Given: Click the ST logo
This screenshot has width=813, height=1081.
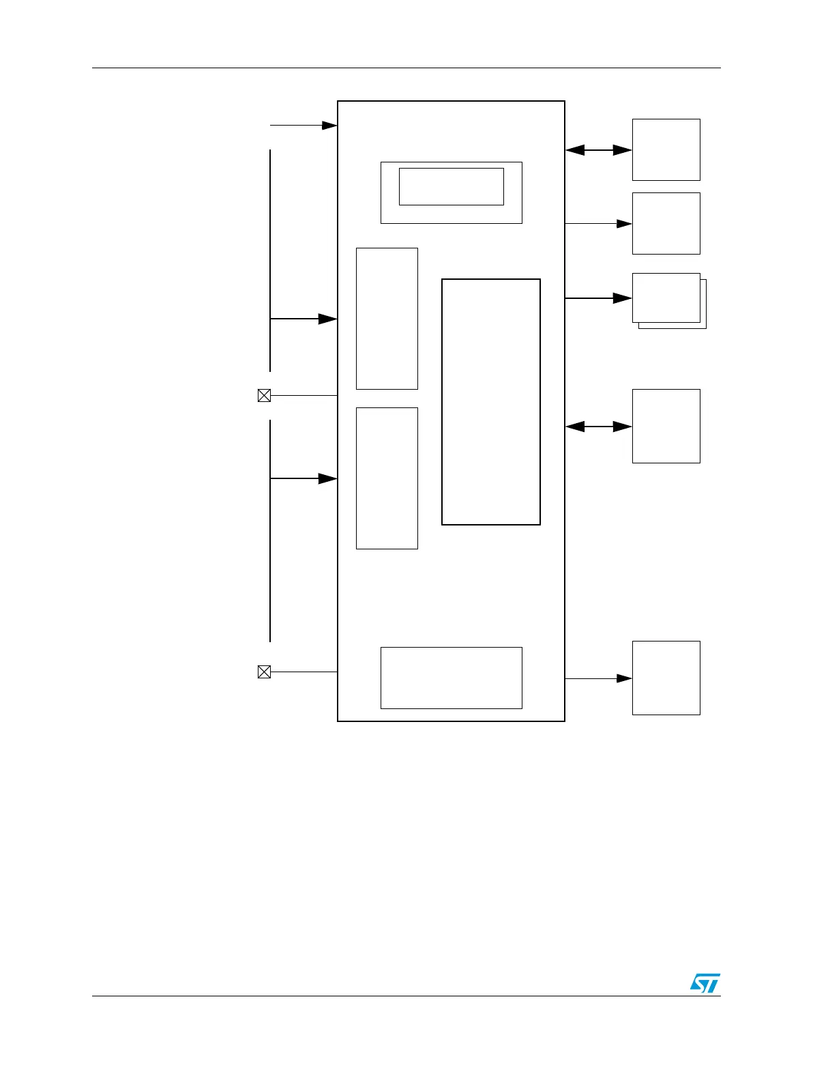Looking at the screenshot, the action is point(705,983).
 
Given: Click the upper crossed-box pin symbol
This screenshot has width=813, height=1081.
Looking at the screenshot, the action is point(264,395).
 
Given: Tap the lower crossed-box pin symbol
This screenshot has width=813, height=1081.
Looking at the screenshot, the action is point(264,672).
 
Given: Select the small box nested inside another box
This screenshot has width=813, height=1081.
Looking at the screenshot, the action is point(451,186).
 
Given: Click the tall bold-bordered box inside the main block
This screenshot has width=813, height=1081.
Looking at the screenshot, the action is point(491,401).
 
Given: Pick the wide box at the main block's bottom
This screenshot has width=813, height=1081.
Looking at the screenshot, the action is point(451,678).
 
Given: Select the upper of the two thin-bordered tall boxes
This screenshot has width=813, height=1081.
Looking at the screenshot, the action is point(387,319).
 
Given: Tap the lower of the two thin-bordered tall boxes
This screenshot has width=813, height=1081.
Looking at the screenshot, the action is point(387,478).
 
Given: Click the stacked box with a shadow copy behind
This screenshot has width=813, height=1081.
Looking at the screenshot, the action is point(666,298).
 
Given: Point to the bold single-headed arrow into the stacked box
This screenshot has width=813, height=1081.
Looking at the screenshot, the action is point(598,298).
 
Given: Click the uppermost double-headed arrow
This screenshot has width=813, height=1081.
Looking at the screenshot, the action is point(598,150).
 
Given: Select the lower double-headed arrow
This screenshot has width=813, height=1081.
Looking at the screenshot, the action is point(598,427).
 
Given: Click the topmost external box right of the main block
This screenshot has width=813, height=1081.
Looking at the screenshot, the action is point(666,149).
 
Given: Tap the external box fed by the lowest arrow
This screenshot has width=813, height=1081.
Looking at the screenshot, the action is point(666,678).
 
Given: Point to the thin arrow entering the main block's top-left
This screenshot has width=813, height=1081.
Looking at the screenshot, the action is point(304,126).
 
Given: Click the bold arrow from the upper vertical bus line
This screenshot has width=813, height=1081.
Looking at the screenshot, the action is point(304,319).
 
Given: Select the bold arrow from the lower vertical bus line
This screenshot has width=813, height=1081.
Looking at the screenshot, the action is point(304,478).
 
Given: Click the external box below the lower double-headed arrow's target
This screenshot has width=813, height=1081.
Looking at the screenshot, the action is point(666,678).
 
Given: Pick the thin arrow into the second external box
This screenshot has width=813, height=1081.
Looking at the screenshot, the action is point(598,223).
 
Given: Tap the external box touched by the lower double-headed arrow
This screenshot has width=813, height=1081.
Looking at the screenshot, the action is point(666,426).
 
